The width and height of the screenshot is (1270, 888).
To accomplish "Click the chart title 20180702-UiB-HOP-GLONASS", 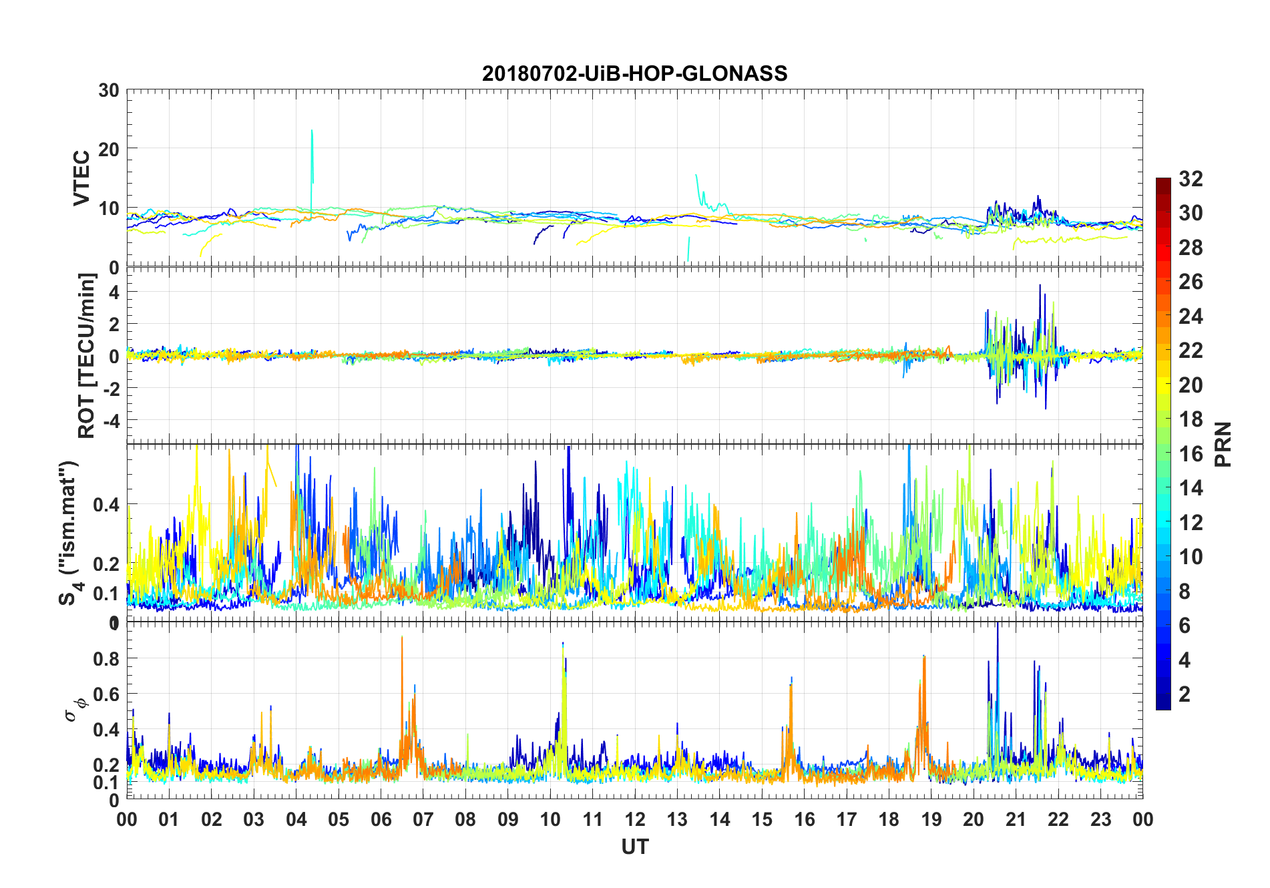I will point(634,73).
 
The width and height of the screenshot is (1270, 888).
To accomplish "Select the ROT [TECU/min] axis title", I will point(87,355).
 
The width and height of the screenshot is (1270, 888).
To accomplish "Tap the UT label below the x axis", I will point(634,847).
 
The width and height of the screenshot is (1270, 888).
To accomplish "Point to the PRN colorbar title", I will point(1223,444).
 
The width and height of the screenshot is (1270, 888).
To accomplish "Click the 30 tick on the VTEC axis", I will point(109,91).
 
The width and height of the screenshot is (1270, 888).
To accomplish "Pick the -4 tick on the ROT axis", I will point(110,421).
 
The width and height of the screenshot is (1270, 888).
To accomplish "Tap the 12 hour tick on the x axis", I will point(635,820).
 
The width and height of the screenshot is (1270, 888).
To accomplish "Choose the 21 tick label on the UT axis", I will point(1016,820).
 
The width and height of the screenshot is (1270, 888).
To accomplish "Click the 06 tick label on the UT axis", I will point(381,820).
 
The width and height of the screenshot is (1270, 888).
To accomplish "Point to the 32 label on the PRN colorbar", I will point(1191,179).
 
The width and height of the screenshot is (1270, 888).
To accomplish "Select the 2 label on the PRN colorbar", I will point(1185,694).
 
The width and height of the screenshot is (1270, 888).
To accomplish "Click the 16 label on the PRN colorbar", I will point(1191,454).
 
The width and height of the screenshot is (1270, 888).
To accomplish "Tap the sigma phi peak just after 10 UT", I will point(563,645).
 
